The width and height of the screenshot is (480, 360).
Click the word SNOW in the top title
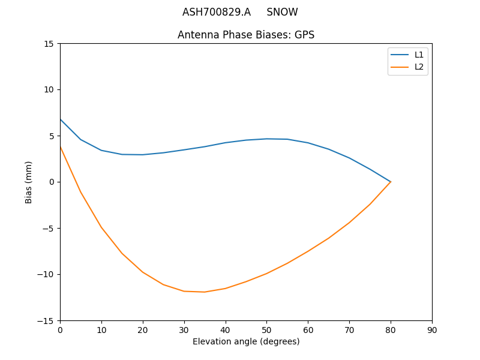282,12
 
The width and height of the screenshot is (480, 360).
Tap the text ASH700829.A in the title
217,12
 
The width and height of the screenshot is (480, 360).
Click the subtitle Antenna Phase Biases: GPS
246,35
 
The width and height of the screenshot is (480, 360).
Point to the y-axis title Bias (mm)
29,182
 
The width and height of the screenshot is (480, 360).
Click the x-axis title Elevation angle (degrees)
246,341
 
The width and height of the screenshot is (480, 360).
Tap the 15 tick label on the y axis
49,44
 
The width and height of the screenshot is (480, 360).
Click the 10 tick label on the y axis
49,89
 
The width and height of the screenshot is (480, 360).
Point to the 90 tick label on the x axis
432,329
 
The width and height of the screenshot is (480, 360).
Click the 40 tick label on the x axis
226,329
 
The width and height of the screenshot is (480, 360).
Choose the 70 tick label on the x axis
349,329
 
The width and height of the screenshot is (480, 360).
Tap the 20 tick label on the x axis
143,329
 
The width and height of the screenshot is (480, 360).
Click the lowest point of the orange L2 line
205,292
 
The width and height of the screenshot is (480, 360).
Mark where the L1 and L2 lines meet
391,182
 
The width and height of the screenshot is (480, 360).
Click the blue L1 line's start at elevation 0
61,119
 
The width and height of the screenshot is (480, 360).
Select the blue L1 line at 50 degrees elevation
266,139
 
